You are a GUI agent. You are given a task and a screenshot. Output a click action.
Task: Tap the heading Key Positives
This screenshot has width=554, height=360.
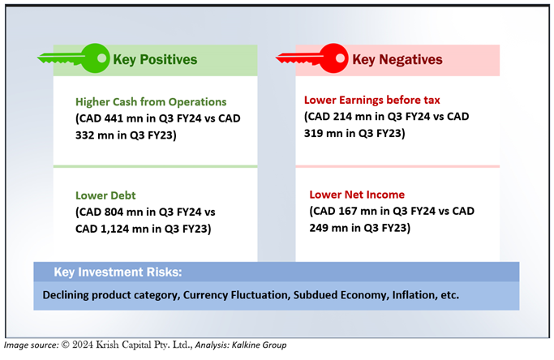pos(155,60)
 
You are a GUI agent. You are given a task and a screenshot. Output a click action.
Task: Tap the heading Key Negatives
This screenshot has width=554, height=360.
pos(397,60)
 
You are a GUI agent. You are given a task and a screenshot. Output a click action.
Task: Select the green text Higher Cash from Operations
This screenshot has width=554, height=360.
pos(151,101)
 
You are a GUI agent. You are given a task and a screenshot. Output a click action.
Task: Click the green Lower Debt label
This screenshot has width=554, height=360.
pos(105,195)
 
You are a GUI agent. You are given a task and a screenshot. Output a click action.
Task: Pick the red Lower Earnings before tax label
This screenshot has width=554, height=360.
pos(372,100)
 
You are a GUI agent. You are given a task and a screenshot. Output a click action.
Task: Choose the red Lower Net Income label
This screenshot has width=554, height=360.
pos(357,195)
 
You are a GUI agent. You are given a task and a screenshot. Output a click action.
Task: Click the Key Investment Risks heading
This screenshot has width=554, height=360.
pos(118,272)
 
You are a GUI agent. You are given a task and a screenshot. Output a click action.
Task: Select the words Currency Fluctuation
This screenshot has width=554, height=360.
pos(236,294)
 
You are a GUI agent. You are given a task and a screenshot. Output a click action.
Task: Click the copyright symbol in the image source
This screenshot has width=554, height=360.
pos(66,345)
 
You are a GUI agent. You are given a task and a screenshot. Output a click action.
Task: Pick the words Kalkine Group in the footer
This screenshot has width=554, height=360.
pos(259,345)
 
